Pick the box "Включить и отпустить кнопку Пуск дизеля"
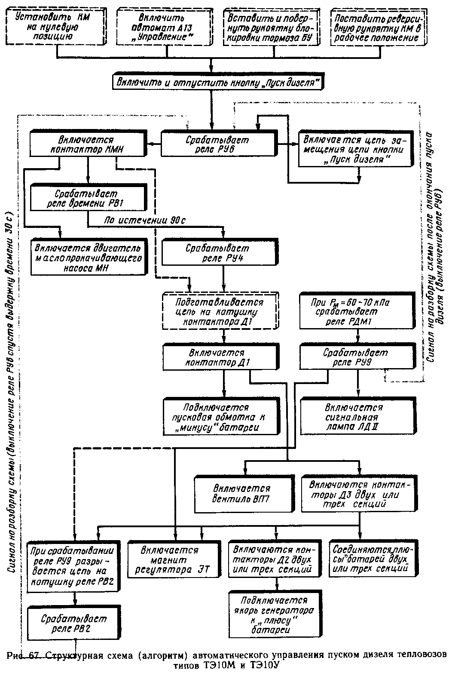tap(217, 82)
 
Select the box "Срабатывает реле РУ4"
tap(217, 253)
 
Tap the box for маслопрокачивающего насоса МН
tap(88, 258)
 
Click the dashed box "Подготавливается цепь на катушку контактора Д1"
tap(219, 311)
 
